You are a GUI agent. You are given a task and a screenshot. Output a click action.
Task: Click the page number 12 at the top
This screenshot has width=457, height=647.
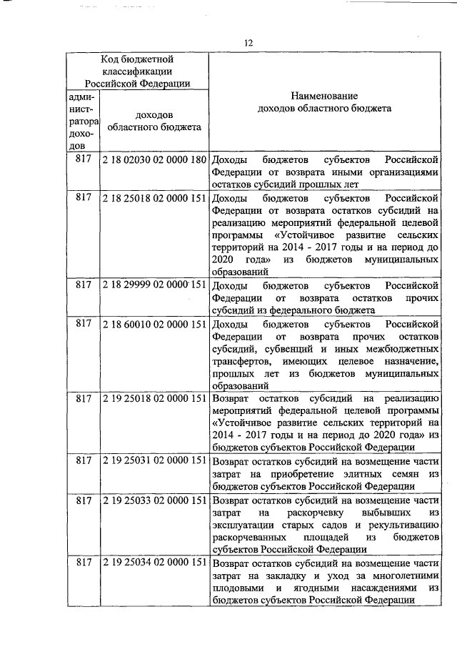pos(248,44)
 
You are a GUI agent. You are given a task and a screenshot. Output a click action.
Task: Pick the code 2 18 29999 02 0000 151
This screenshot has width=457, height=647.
pos(154,285)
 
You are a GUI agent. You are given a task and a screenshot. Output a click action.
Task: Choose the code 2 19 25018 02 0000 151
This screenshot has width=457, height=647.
pos(154,397)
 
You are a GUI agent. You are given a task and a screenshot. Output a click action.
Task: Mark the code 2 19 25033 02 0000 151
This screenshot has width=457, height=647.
pos(154,498)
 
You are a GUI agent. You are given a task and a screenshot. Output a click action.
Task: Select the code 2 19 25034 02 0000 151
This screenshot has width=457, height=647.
pos(154,562)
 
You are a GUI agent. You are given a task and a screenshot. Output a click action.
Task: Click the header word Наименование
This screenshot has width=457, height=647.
pos(324,96)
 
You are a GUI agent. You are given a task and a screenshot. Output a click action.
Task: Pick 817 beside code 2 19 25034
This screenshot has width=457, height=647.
pos(83,562)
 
